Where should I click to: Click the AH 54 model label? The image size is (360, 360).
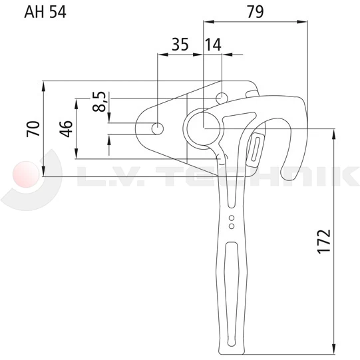coord(45,12)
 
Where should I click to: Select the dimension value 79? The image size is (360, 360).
coord(255,12)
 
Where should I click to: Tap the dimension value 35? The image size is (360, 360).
coord(180,45)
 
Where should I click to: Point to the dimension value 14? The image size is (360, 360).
coord(213,45)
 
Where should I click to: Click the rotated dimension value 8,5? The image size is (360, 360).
coord(100,102)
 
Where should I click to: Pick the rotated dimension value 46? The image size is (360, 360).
coord(66,128)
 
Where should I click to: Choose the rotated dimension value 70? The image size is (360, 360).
coord(33,128)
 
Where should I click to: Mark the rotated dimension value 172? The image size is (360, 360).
coord(324,242)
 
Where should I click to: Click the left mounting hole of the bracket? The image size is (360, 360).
coord(158,128)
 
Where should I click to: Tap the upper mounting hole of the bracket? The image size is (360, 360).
coord(222,98)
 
